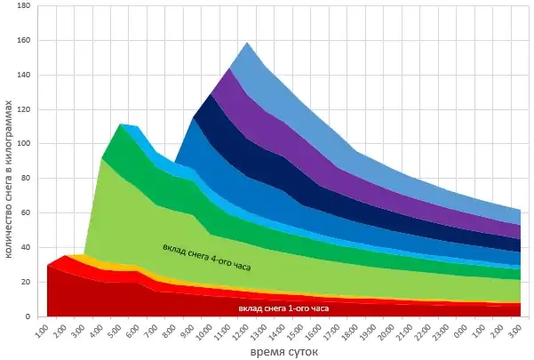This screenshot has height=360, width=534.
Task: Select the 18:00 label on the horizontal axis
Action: (351, 331)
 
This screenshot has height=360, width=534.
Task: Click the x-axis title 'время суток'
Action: (283, 351)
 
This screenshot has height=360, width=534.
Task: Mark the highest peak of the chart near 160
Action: (246, 43)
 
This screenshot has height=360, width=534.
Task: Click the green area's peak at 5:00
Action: (120, 124)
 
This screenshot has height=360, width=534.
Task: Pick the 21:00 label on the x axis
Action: (407, 331)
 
